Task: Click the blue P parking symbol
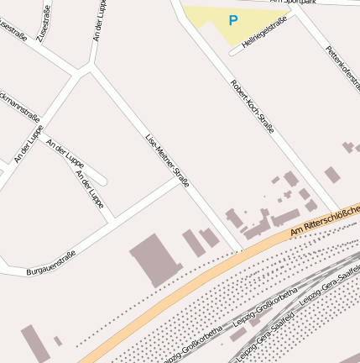pos(232,20)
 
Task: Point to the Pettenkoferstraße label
pos(341,71)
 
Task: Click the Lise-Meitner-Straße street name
pos(167,158)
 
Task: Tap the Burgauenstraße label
pos(51,260)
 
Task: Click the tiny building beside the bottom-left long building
pos(58,341)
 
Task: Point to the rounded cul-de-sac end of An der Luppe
pos(103,180)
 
